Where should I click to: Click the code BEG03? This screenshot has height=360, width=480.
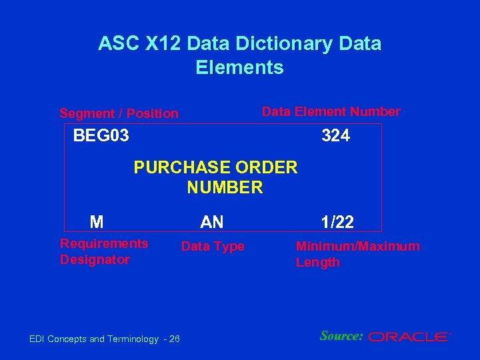pyautogui.click(x=101, y=137)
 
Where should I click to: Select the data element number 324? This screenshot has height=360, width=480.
pyautogui.click(x=335, y=137)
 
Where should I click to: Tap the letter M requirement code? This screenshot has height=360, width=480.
pyautogui.click(x=97, y=222)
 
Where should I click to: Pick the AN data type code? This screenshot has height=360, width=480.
pyautogui.click(x=212, y=222)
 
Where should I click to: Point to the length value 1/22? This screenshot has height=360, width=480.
pyautogui.click(x=337, y=222)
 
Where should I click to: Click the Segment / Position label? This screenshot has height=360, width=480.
pyautogui.click(x=119, y=113)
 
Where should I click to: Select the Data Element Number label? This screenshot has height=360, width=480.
pyautogui.click(x=331, y=111)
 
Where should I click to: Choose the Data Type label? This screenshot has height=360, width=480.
pyautogui.click(x=213, y=247)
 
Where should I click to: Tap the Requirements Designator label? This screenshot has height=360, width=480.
pyautogui.click(x=104, y=251)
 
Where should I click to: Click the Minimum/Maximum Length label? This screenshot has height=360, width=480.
pyautogui.click(x=357, y=254)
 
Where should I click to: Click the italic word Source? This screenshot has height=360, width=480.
pyautogui.click(x=341, y=336)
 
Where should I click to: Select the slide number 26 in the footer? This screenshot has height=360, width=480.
pyautogui.click(x=174, y=339)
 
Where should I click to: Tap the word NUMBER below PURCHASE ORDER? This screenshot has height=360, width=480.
pyautogui.click(x=225, y=188)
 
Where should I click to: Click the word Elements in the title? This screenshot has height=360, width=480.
pyautogui.click(x=239, y=67)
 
